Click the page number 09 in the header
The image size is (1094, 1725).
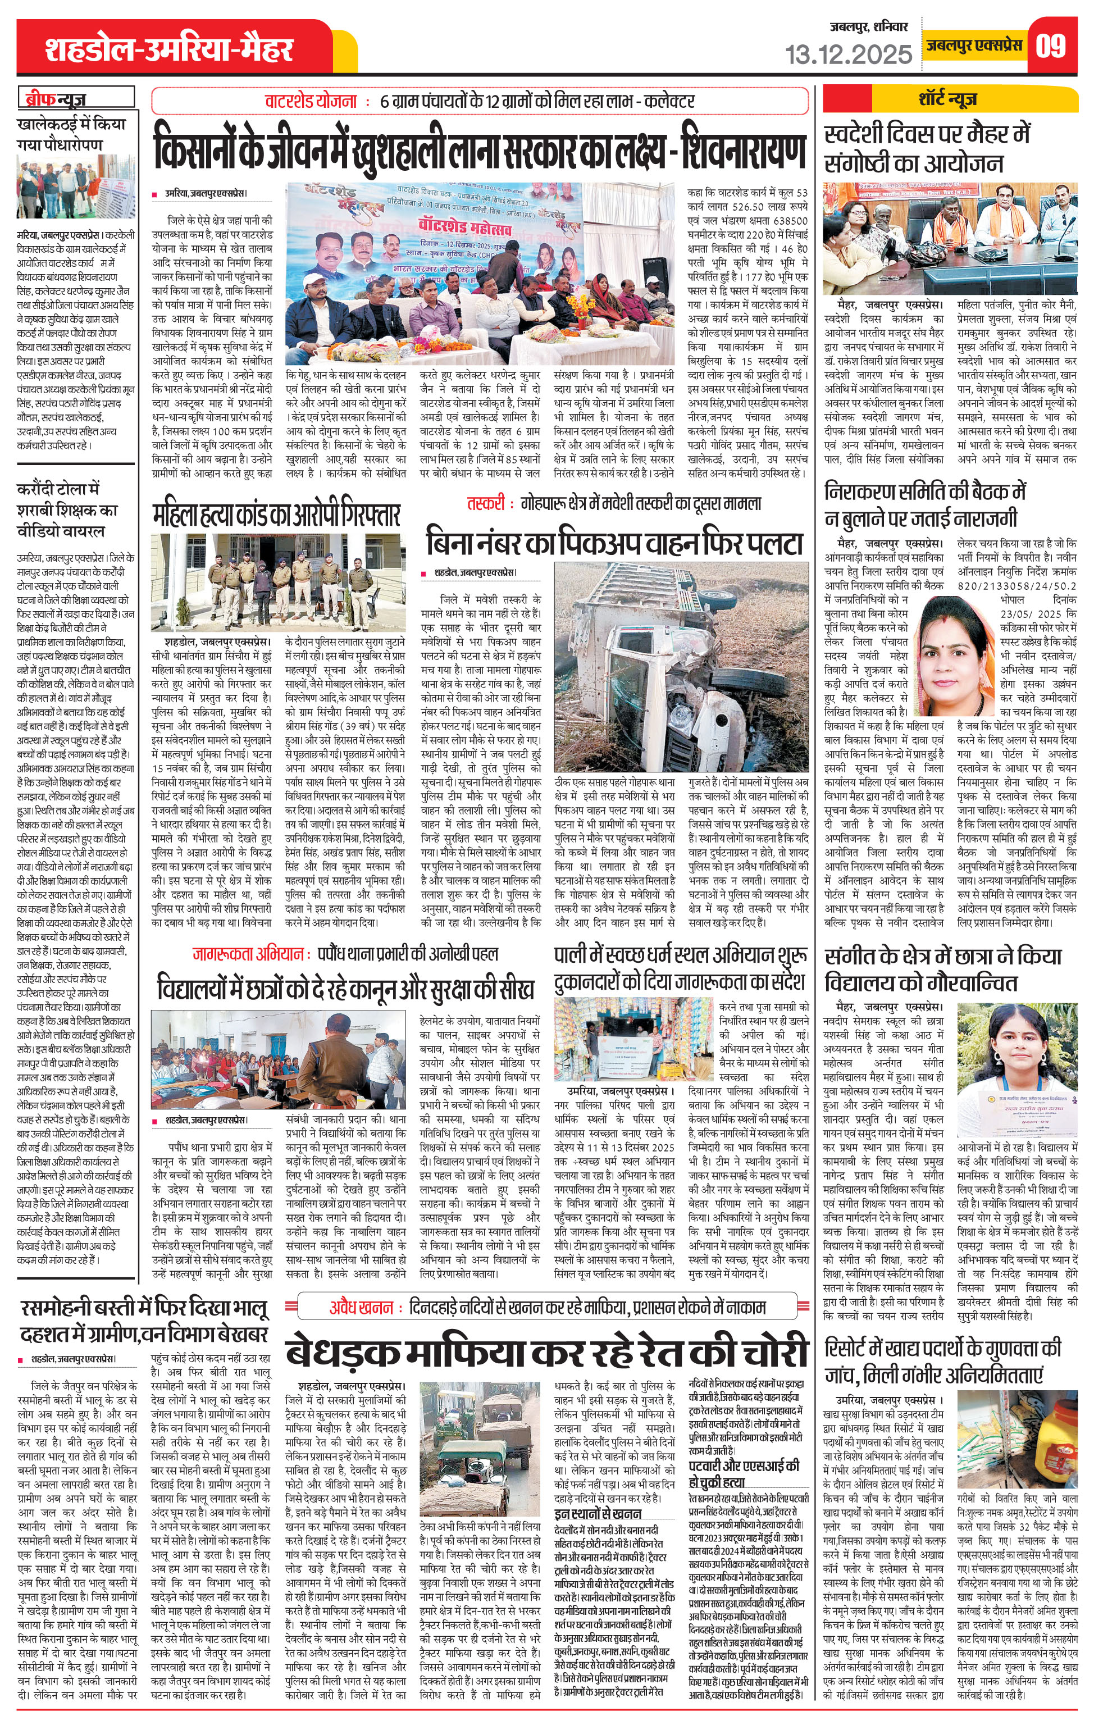pyautogui.click(x=1051, y=46)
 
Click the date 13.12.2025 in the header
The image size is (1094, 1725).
pyautogui.click(x=849, y=54)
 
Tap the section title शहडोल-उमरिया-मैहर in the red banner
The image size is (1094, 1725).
pyautogui.click(x=169, y=49)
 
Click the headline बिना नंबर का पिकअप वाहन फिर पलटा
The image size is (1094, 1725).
pyautogui.click(x=614, y=542)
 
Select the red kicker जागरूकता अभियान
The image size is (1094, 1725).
pyautogui.click(x=247, y=953)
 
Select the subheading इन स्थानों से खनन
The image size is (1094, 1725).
pyautogui.click(x=598, y=1513)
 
